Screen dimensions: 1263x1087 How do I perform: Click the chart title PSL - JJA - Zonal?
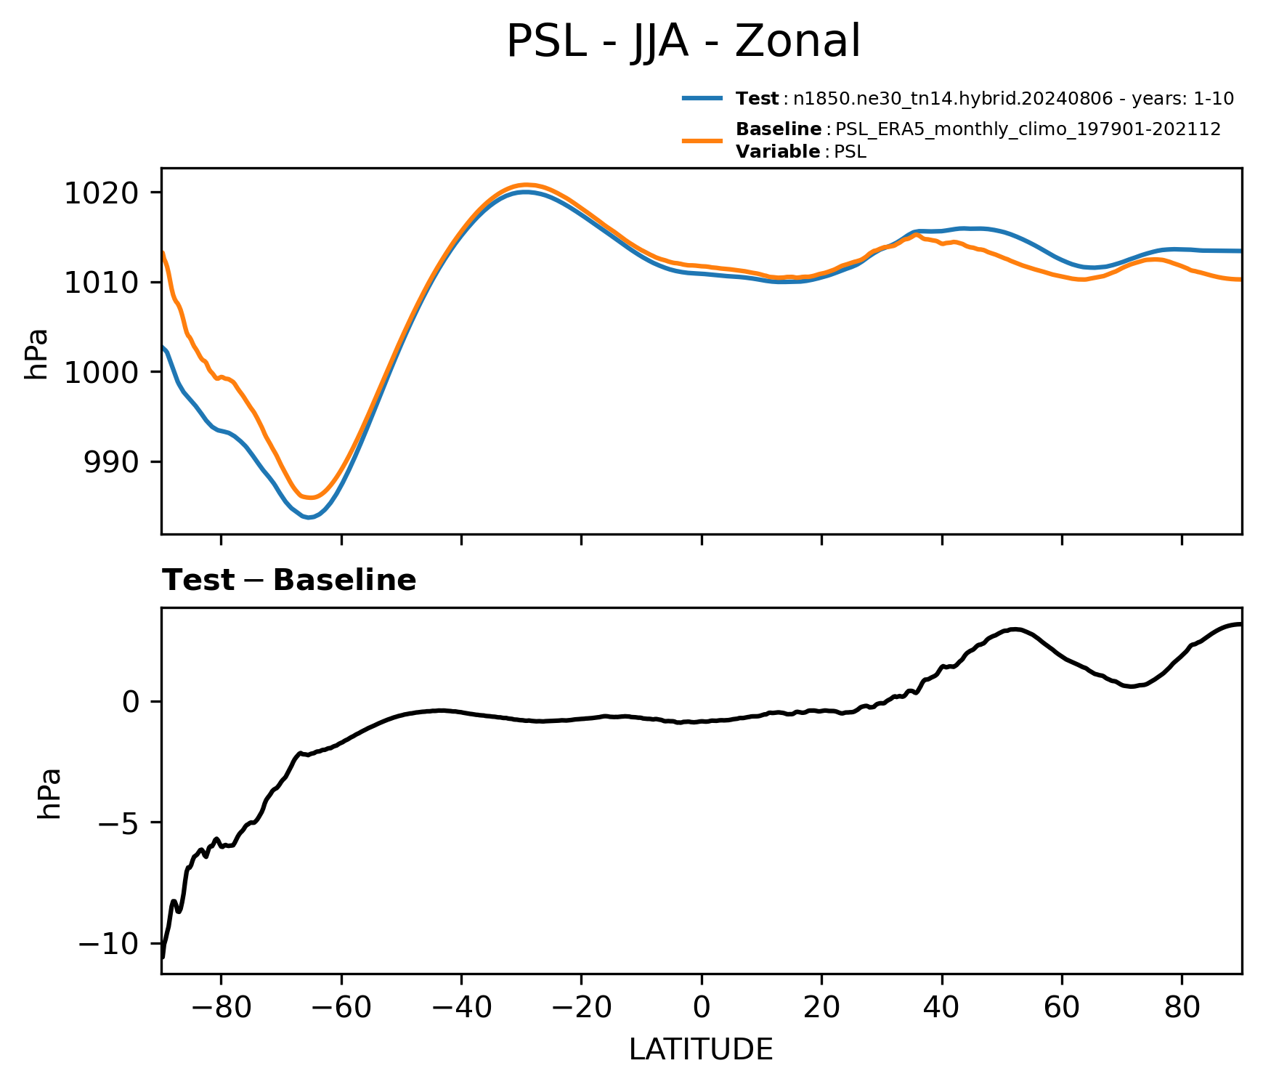[683, 41]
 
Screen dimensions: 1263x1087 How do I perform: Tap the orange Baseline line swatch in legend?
[702, 140]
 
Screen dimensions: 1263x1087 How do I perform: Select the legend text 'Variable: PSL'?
[801, 152]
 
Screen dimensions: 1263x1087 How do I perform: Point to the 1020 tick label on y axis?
[102, 193]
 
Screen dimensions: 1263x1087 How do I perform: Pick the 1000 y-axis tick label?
[102, 373]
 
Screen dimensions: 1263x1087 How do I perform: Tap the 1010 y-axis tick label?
[102, 283]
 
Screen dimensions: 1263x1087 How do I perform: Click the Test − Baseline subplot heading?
[289, 581]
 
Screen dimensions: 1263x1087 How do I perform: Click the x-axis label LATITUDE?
[701, 1050]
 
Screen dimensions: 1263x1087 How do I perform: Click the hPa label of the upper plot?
[36, 354]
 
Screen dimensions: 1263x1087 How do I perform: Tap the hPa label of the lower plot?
[49, 793]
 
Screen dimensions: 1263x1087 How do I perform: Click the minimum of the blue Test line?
[309, 517]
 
